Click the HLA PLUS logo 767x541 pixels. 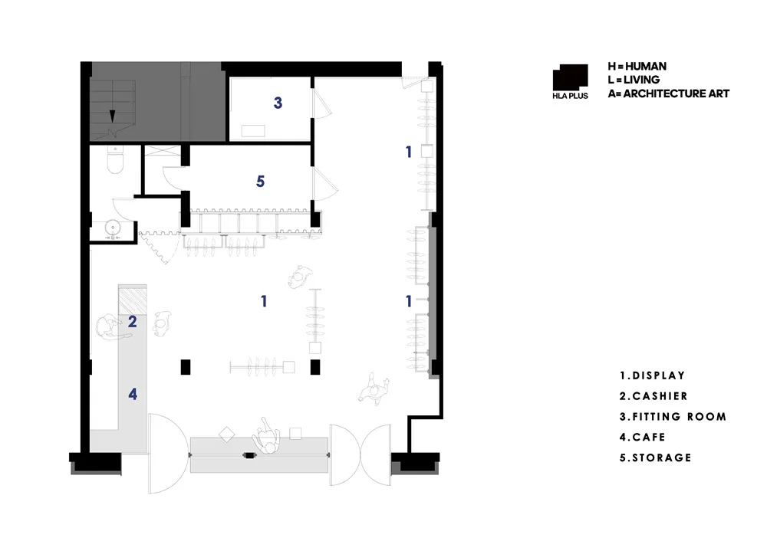click(x=571, y=82)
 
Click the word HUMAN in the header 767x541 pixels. click(x=646, y=67)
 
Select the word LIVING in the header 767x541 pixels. click(x=641, y=80)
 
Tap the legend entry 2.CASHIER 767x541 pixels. click(x=653, y=396)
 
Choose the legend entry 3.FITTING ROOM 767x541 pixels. click(x=673, y=416)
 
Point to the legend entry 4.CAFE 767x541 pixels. click(x=642, y=437)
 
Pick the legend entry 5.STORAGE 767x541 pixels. click(x=656, y=457)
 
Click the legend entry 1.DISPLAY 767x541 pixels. click(x=652, y=375)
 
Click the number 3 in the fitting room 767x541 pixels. click(x=278, y=103)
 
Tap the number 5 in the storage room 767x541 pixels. click(x=260, y=182)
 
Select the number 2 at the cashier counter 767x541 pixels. click(x=132, y=322)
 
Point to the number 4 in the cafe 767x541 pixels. click(x=133, y=394)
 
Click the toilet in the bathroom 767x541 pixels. click(x=115, y=160)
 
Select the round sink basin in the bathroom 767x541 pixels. click(x=113, y=228)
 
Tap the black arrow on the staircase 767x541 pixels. click(x=112, y=116)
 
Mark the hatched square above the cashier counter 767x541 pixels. click(x=133, y=300)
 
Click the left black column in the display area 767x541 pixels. click(x=186, y=367)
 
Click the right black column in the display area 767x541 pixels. click(x=315, y=367)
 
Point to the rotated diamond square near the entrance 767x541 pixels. click(x=226, y=434)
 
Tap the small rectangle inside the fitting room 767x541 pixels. click(x=253, y=130)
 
